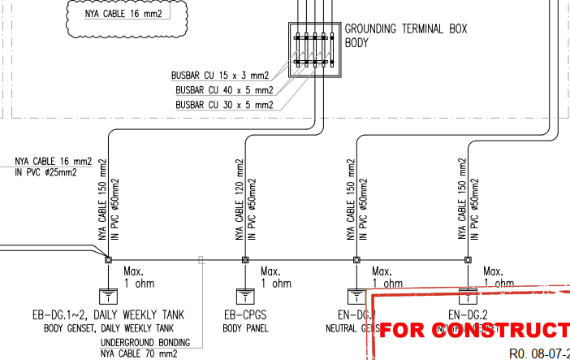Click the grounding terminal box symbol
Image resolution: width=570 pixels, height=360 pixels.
313,48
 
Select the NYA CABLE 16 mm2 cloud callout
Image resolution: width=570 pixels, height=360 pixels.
128,14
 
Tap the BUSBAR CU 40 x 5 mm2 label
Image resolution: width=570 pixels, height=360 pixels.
224,90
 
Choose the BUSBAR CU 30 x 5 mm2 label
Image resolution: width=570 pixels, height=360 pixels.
224,105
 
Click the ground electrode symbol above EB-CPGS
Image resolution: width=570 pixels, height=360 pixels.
244,295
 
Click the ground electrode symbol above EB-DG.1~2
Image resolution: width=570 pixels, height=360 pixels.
107,295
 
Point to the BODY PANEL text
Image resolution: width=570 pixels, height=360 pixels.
246,329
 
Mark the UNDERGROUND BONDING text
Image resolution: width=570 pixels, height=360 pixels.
145,342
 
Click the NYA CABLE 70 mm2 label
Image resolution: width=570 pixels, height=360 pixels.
139,354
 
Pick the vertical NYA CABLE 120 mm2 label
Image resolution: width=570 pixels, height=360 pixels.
240,201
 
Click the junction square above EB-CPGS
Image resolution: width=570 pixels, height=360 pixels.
244,260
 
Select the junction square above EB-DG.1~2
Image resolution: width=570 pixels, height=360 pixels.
108,260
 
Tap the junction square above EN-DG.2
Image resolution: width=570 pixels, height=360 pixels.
468,260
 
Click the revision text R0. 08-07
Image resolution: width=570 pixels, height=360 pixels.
538,353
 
